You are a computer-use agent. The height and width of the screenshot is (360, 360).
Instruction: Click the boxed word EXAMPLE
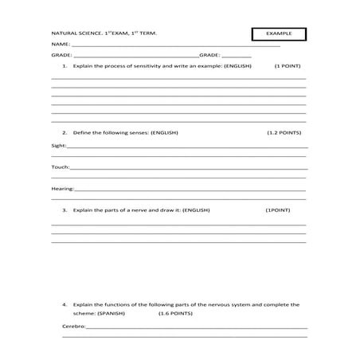[x=278, y=33]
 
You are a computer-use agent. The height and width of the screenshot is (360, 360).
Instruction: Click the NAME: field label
[x=61, y=45]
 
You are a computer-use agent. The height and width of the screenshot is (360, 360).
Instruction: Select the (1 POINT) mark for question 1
[x=287, y=67]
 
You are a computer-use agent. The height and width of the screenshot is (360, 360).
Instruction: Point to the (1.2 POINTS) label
[x=283, y=133]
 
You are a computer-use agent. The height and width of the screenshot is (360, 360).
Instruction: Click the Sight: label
[x=59, y=147]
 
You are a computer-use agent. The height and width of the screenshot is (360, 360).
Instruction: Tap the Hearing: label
[x=63, y=189]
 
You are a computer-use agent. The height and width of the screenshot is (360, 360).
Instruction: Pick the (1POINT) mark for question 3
[x=277, y=210]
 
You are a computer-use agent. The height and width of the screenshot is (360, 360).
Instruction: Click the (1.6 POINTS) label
[x=153, y=314]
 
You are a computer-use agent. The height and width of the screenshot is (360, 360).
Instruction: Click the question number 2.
[x=65, y=133]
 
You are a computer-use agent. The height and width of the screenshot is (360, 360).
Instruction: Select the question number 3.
[x=65, y=210]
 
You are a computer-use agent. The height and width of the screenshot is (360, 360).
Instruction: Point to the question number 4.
[x=65, y=304]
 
